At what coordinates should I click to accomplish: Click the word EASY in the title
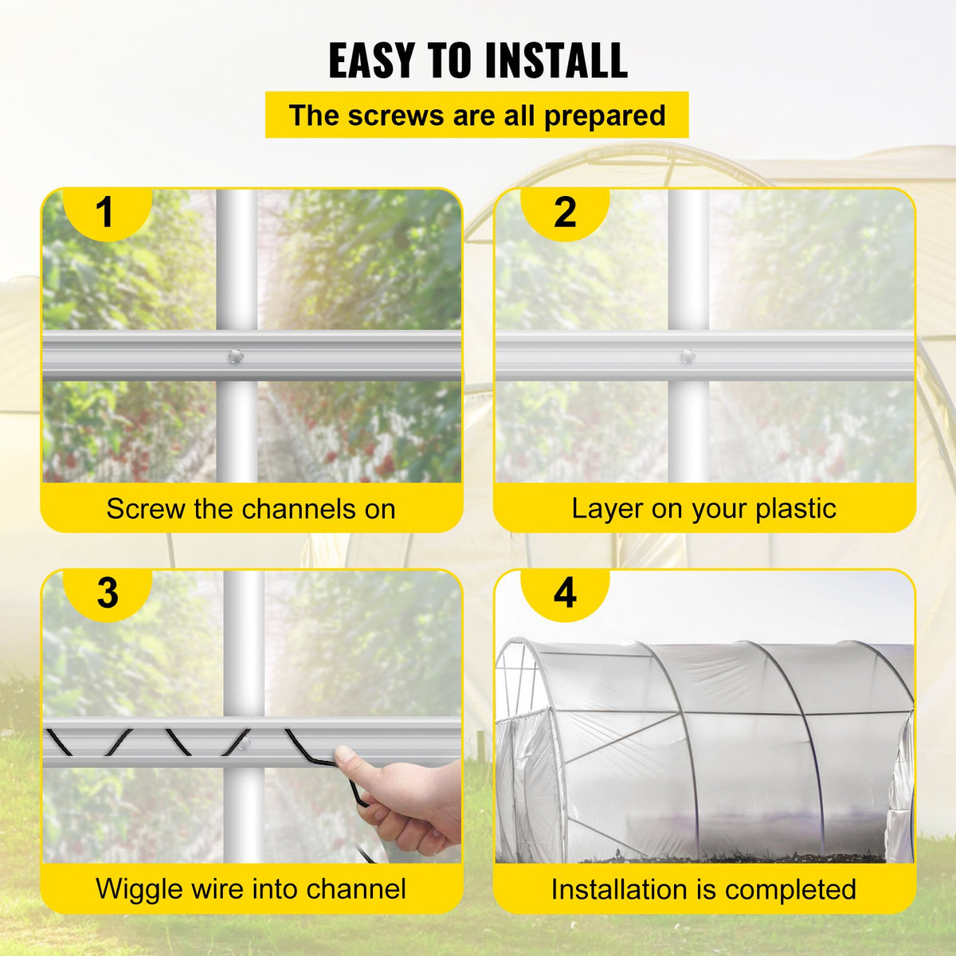coord(371,61)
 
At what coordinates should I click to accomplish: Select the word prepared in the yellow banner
coord(605,116)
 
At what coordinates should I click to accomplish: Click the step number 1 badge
coord(105,212)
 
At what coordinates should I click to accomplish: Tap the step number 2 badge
coord(564,212)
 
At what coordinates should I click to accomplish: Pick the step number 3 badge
coord(107,594)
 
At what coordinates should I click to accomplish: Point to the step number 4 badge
coord(564,594)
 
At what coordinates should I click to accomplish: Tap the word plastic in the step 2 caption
coord(795,508)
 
